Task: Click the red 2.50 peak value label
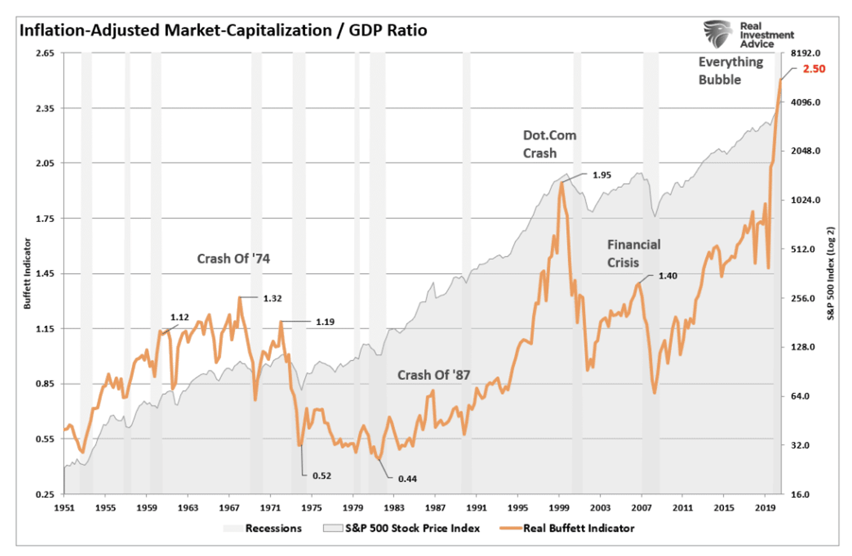pos(813,69)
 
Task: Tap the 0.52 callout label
pos(322,475)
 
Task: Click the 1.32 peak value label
pos(272,298)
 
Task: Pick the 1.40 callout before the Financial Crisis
pos(667,276)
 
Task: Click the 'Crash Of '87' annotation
pos(434,375)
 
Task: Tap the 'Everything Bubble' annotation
pos(730,71)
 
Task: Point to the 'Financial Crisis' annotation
pos(634,253)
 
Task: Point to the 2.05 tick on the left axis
pos(43,163)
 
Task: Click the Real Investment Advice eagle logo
pos(718,33)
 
